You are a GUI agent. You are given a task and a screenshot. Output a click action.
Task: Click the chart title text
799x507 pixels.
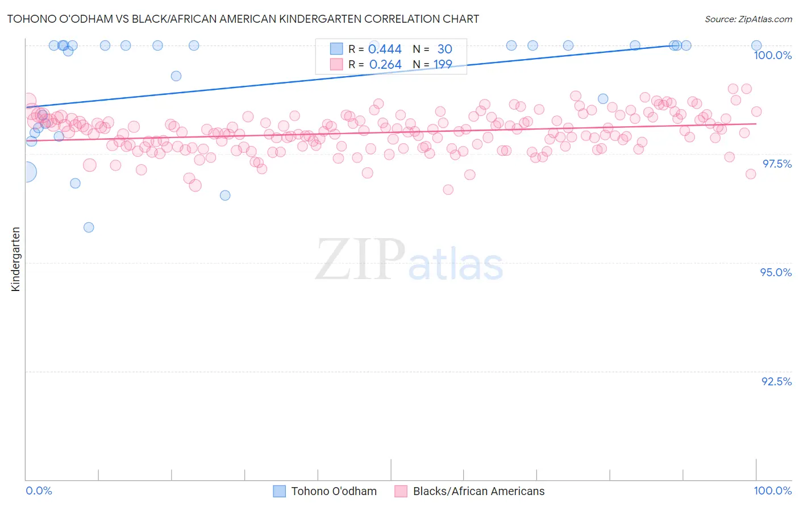[x=243, y=19]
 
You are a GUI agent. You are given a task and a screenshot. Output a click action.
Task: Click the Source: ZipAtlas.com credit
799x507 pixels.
[x=748, y=19]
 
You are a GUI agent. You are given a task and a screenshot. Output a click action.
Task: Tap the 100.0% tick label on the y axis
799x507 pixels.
[x=772, y=55]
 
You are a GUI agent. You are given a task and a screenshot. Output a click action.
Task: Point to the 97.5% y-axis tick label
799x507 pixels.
[x=776, y=164]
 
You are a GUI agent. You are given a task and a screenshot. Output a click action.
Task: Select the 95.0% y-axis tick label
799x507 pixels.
[x=776, y=272]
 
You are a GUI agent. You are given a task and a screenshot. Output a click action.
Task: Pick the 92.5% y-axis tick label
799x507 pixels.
[x=776, y=381]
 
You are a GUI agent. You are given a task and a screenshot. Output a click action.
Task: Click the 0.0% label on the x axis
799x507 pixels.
[x=39, y=491]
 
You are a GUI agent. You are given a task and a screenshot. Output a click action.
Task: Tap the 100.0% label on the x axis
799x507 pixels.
[x=772, y=491]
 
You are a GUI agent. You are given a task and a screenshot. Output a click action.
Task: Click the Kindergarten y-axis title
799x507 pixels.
[x=15, y=259]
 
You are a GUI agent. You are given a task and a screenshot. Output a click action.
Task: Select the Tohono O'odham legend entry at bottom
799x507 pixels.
[x=334, y=491]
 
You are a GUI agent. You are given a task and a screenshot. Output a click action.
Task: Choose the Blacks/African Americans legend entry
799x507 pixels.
[x=478, y=491]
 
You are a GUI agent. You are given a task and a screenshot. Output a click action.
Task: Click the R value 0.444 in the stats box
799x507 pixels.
[x=385, y=49]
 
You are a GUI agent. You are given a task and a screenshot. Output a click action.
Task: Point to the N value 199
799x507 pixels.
[x=443, y=65]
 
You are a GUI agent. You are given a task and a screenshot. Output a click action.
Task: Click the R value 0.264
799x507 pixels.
[x=385, y=65]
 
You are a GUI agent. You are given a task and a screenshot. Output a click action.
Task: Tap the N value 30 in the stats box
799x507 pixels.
[x=444, y=49]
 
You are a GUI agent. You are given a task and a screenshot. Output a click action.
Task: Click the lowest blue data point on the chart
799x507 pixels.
[x=89, y=227]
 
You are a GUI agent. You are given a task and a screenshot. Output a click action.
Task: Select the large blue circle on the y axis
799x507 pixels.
[x=26, y=172]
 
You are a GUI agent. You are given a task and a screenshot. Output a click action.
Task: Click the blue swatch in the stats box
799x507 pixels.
[x=336, y=49]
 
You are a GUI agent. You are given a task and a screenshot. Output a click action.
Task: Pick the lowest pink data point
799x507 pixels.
[x=448, y=190]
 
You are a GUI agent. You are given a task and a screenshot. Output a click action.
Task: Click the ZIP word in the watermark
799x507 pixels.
[x=360, y=260]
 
